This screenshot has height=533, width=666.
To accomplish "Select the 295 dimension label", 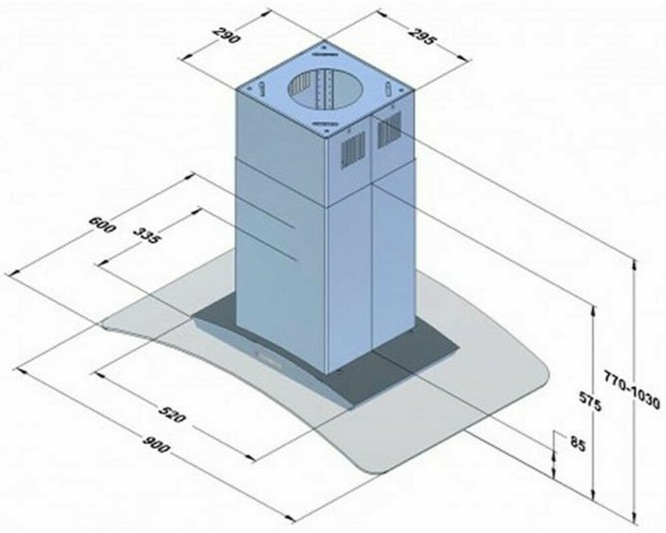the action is tap(422, 36).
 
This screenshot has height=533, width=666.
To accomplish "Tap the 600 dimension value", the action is tap(102, 225).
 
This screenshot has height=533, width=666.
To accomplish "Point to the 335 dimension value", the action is tap(147, 235).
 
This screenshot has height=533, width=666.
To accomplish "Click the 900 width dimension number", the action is tap(155, 444).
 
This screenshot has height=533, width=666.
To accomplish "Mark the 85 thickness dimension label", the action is tap(577, 444).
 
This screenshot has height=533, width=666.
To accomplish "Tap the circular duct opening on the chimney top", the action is tap(326, 87).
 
